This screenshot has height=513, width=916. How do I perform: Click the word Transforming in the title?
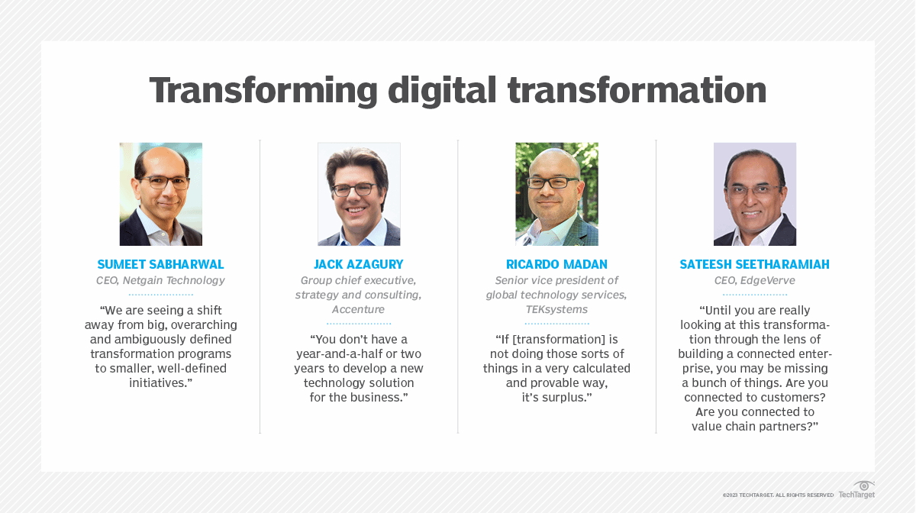pyautogui.click(x=263, y=90)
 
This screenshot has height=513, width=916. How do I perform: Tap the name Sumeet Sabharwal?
pyautogui.click(x=161, y=265)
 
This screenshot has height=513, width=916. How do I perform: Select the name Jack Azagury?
pyautogui.click(x=359, y=265)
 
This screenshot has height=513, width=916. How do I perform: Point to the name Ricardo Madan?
pyautogui.click(x=556, y=265)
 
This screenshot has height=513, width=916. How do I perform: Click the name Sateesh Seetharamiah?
pyautogui.click(x=754, y=265)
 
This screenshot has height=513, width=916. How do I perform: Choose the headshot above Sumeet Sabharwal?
pyautogui.click(x=161, y=194)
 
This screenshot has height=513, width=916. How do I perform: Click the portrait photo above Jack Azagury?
pyautogui.click(x=359, y=194)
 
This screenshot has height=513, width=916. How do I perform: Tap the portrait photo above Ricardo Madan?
pyautogui.click(x=556, y=194)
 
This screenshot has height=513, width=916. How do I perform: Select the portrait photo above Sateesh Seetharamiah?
pyautogui.click(x=754, y=194)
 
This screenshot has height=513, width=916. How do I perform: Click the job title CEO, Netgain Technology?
pyautogui.click(x=161, y=281)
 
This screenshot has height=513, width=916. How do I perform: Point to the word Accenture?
pyautogui.click(x=359, y=310)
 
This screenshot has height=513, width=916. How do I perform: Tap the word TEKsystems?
pyautogui.click(x=556, y=310)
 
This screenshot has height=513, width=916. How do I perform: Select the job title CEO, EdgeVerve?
pyautogui.click(x=754, y=281)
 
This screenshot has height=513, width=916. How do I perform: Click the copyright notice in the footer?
pyautogui.click(x=778, y=495)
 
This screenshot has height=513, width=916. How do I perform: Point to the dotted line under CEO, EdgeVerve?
pyautogui.click(x=754, y=294)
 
